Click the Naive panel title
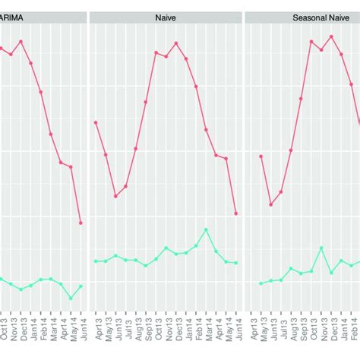pos(166,16)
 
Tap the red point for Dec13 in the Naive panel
pos(176,43)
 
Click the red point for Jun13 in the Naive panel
pos(115,196)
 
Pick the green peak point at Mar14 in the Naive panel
pos(206,229)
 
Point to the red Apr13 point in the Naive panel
pos(96,122)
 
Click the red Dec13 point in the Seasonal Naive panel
pos(331,36)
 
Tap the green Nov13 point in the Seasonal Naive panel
pos(321,248)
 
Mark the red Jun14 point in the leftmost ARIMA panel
pos(81,223)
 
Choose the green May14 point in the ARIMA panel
pos(71,298)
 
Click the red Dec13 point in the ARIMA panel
pos(21,41)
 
